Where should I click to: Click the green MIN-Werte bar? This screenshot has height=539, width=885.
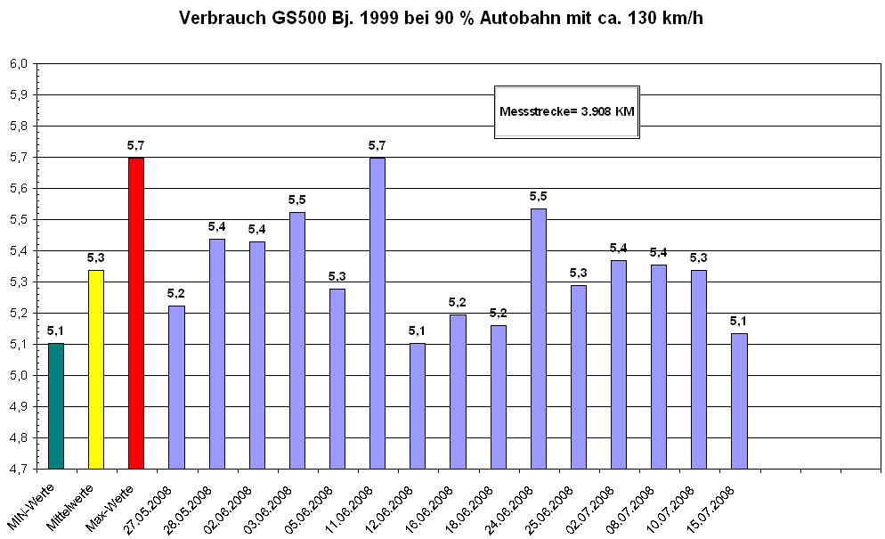(x=56, y=405)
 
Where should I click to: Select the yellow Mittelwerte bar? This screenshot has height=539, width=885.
(x=96, y=369)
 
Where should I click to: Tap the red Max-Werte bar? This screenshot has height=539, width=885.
(x=136, y=312)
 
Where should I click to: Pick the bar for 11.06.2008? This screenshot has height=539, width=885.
(x=378, y=312)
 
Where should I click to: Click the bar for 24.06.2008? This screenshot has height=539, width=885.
(x=539, y=339)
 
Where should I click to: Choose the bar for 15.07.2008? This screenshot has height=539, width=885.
(x=739, y=400)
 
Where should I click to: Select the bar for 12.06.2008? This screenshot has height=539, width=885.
(x=418, y=405)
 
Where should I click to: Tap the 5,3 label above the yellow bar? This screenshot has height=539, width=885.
(x=96, y=257)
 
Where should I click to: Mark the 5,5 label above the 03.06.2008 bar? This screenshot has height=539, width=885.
(x=296, y=199)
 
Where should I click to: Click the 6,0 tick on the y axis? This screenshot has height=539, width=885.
(x=19, y=63)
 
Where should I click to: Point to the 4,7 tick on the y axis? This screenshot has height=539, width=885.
(x=19, y=469)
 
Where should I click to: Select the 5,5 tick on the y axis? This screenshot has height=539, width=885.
(x=19, y=219)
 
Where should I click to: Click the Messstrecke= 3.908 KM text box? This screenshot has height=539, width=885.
(x=567, y=111)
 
